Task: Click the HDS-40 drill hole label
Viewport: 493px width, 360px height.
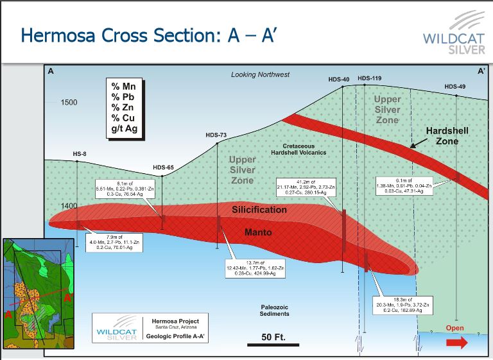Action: click(338, 80)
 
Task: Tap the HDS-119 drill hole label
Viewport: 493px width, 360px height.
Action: click(369, 78)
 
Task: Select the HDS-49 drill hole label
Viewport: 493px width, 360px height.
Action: click(455, 87)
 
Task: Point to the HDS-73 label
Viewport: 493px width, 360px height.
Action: click(216, 135)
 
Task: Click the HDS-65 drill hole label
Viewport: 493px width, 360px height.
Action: click(163, 167)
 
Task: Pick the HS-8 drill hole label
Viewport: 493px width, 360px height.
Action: click(80, 154)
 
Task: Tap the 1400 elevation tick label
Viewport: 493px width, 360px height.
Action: click(69, 205)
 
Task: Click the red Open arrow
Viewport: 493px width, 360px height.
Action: click(456, 343)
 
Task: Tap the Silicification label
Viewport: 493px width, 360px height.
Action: click(259, 210)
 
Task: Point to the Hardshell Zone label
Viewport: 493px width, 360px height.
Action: click(447, 135)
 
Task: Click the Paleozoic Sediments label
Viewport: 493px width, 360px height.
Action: click(274, 311)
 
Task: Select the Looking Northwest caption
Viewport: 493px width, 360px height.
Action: click(261, 75)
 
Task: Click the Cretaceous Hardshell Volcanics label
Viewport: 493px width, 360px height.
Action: click(298, 149)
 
